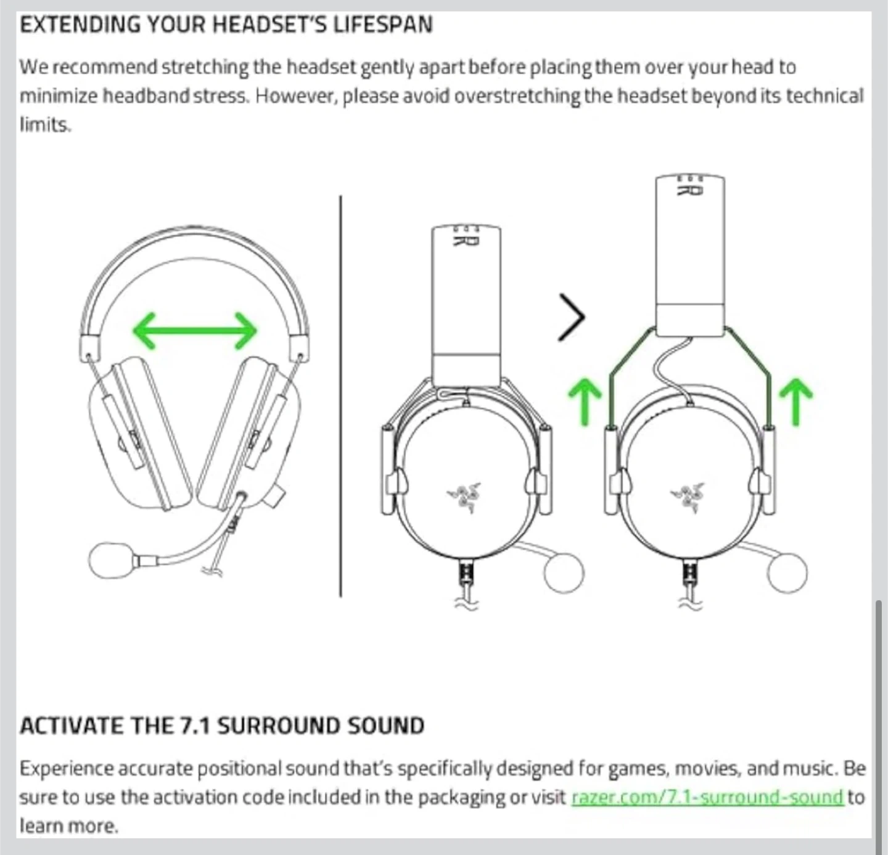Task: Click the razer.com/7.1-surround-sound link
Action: (x=707, y=797)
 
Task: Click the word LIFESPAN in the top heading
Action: (x=383, y=24)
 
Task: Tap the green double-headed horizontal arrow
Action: (x=195, y=331)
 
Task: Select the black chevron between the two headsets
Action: (x=572, y=317)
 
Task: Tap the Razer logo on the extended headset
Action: (x=688, y=497)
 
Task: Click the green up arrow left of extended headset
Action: (x=585, y=402)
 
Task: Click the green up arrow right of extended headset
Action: (x=796, y=402)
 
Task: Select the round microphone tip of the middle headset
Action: (x=564, y=572)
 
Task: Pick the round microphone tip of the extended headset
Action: (x=787, y=572)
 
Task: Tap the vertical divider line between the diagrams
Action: (x=340, y=396)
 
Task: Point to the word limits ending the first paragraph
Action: (x=45, y=124)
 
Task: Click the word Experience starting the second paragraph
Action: (x=67, y=769)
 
